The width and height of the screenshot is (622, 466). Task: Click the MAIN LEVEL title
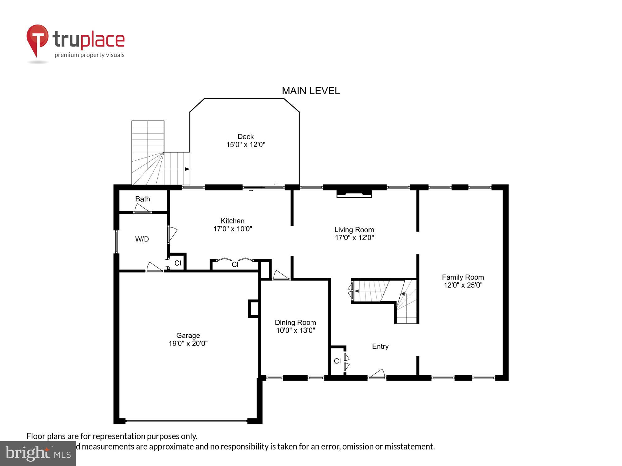coord(310,91)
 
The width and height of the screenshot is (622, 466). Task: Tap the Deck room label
coord(245,136)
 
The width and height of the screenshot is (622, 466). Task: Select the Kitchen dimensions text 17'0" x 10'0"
coord(233,229)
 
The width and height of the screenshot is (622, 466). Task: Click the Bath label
coord(142,199)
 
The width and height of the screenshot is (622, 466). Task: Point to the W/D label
coord(142,239)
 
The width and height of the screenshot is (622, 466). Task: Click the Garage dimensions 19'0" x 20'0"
coord(188,343)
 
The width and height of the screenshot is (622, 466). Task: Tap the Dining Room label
coord(295,322)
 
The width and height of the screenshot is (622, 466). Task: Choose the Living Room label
coord(354,230)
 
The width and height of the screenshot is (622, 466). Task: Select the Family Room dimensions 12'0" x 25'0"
coord(463,285)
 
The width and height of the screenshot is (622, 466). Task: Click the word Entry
coord(380,346)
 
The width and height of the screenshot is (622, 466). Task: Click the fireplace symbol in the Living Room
coord(354,193)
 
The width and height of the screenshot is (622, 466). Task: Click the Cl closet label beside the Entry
coord(337,361)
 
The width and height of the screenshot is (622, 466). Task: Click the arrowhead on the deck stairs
coord(187,169)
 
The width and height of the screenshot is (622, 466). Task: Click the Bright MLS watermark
coord(38,454)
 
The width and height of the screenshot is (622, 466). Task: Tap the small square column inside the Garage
coord(253,308)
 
